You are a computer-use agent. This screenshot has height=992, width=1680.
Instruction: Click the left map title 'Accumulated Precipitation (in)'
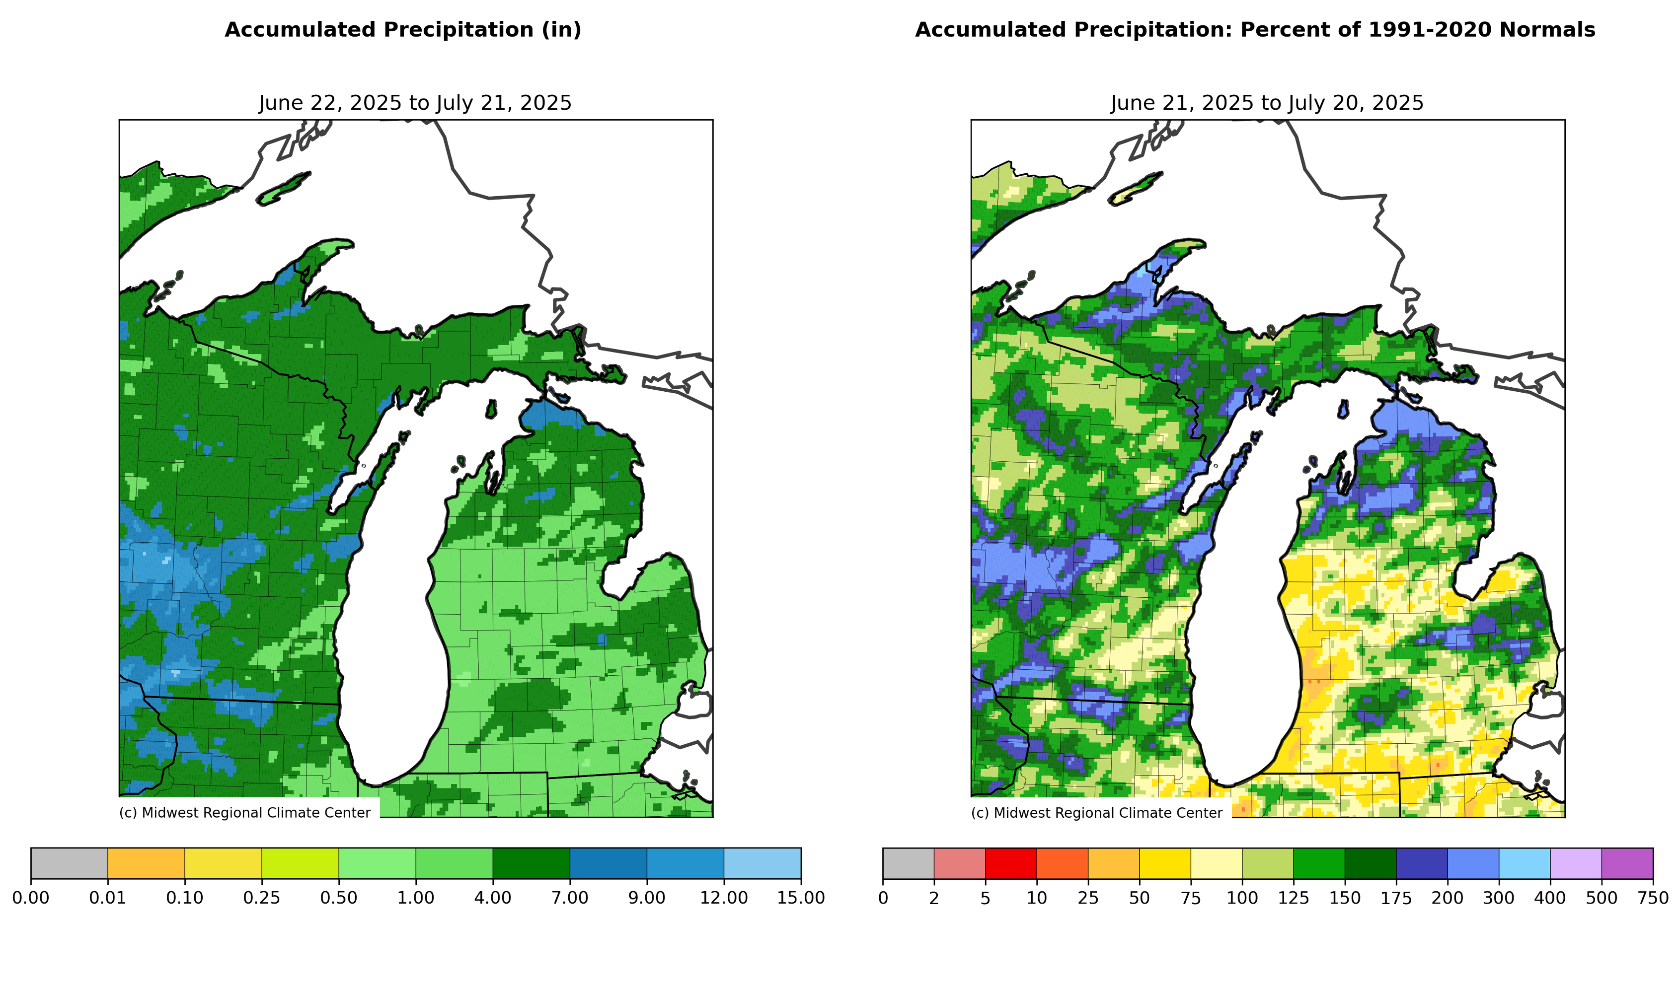(x=402, y=30)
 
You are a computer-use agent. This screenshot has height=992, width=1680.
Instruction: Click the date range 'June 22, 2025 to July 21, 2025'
(x=415, y=103)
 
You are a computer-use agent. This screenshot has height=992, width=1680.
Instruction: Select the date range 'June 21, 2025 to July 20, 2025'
(x=1267, y=103)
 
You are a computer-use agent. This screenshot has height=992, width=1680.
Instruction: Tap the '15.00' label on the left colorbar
(x=801, y=898)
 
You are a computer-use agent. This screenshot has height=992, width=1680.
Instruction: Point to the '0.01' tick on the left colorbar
(x=108, y=898)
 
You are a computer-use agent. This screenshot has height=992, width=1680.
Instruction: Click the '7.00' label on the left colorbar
(x=570, y=898)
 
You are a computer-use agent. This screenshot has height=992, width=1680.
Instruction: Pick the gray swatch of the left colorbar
(x=69, y=863)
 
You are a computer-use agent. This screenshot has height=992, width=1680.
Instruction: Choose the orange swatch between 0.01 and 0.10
(x=146, y=863)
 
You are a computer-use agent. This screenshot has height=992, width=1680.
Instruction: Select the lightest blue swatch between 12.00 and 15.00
(x=763, y=863)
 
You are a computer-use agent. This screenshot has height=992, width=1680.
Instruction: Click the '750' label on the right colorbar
(x=1653, y=898)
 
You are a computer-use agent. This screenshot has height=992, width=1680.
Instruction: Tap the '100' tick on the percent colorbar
(x=1242, y=898)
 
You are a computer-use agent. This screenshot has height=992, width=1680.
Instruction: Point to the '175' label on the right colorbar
(x=1396, y=898)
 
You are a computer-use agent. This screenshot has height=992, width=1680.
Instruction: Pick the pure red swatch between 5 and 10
(x=1010, y=863)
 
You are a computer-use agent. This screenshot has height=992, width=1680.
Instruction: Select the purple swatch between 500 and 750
(x=1627, y=863)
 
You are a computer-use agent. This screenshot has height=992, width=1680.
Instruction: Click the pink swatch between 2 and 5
(x=959, y=863)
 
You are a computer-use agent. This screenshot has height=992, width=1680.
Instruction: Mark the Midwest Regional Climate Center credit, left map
(x=245, y=813)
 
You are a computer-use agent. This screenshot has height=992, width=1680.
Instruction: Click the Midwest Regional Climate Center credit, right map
(x=1096, y=813)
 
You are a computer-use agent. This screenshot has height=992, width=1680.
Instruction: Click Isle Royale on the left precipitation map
(x=284, y=189)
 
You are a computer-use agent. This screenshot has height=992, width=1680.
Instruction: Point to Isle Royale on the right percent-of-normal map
(x=1136, y=189)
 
